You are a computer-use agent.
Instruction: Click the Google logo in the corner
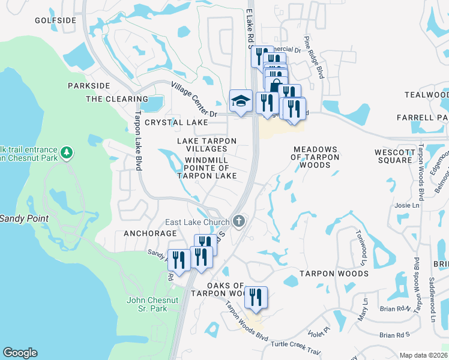20,353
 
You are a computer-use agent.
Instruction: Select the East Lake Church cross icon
239,221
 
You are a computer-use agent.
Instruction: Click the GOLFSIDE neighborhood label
56,20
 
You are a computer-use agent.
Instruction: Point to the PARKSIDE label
89,86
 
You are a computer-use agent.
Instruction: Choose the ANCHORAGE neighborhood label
150,233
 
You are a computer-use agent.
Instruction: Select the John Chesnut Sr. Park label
146,304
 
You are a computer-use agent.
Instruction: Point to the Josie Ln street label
407,206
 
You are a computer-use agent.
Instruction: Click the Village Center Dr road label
193,99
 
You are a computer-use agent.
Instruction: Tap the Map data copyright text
423,355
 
